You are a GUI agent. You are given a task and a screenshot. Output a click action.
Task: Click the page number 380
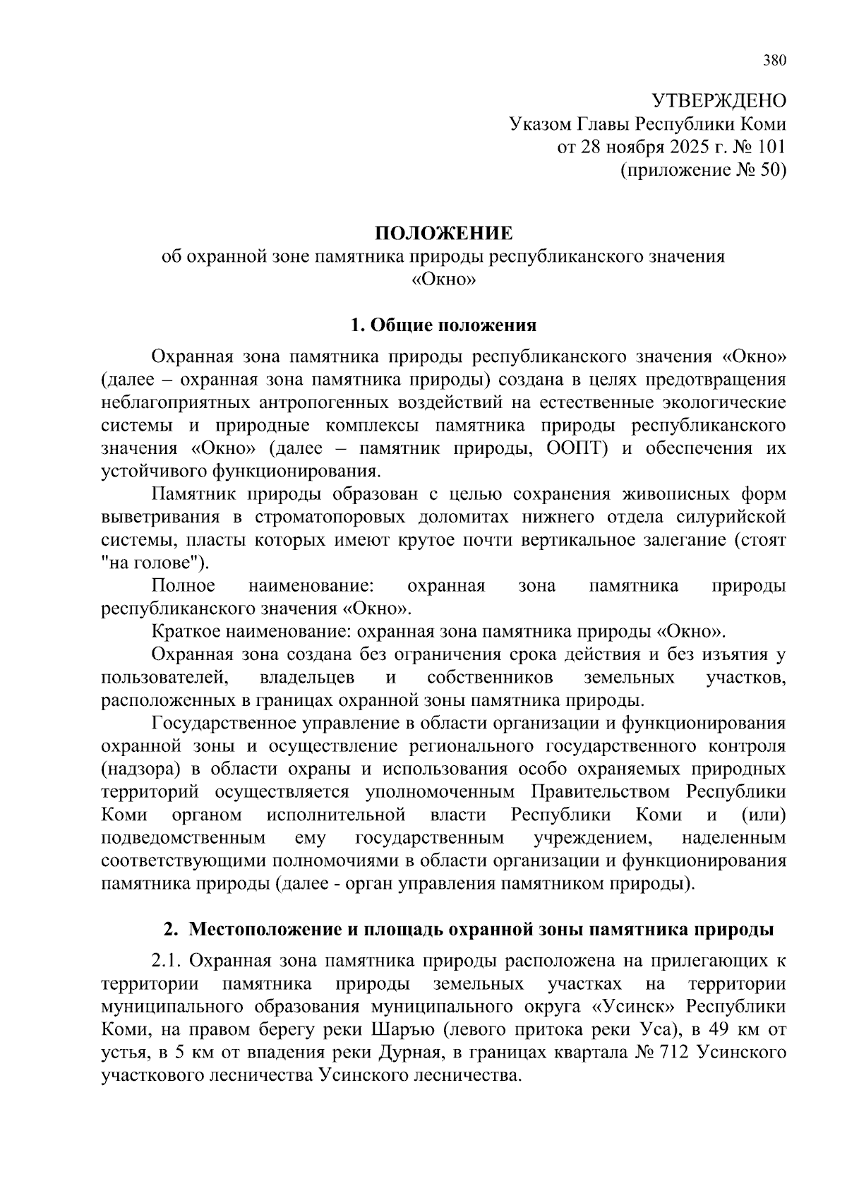pyautogui.click(x=774, y=60)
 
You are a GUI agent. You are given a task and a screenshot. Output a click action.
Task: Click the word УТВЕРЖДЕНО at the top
pyautogui.click(x=718, y=100)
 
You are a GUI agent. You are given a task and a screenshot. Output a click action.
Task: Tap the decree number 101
pyautogui.click(x=770, y=147)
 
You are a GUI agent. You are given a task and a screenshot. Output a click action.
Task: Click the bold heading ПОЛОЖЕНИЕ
pyautogui.click(x=443, y=234)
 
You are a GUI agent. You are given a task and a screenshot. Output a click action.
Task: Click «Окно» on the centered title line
pyautogui.click(x=443, y=280)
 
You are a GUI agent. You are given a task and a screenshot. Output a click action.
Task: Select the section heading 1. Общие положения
pyautogui.click(x=443, y=325)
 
